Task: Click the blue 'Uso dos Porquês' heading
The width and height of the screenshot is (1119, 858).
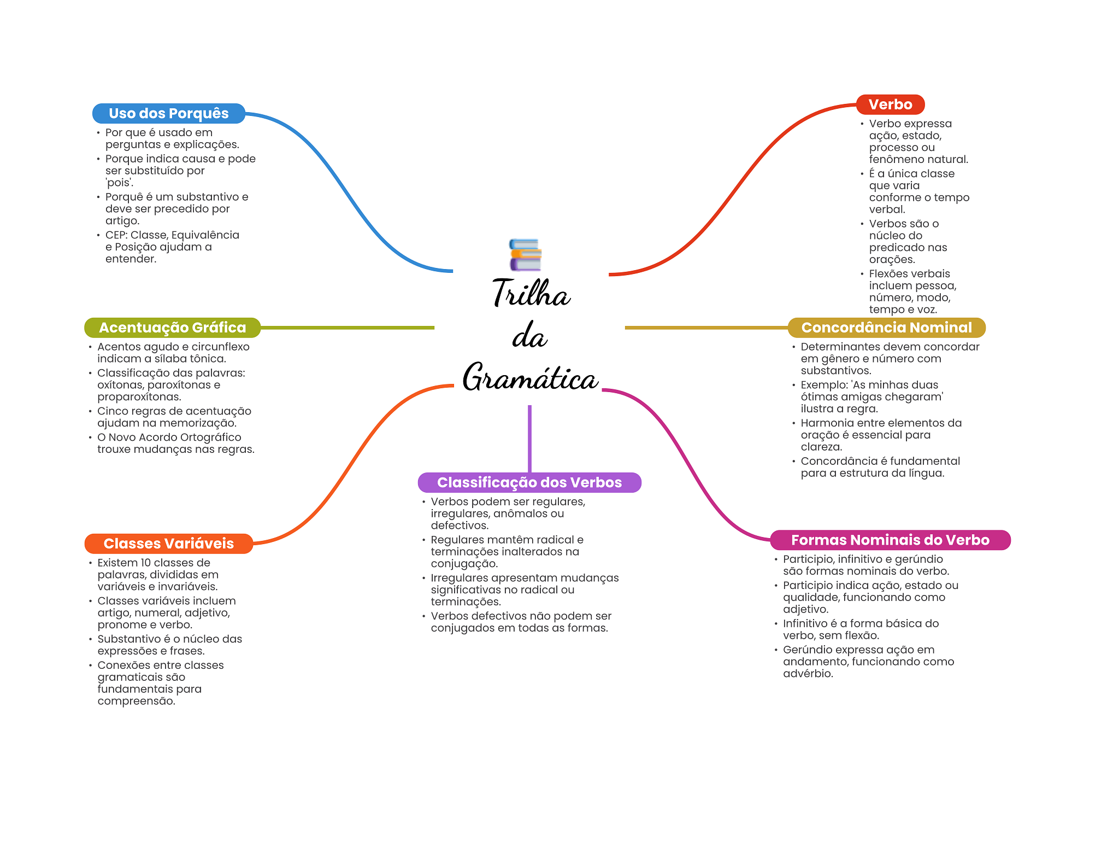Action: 168,113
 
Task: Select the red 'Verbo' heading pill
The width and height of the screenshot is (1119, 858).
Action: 890,104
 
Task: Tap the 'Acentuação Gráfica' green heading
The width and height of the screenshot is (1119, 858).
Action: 172,328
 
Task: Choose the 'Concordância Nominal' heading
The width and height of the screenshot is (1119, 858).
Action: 886,328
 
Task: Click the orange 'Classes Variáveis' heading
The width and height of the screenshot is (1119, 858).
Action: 168,544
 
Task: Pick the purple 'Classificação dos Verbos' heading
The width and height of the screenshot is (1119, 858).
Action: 529,482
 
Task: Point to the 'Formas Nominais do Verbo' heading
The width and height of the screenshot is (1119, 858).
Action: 890,540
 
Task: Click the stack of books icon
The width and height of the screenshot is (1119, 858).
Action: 525,255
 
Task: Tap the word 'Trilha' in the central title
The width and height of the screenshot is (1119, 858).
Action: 531,293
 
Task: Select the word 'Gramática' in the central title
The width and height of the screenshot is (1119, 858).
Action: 530,378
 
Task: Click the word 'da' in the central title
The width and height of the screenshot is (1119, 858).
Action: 529,336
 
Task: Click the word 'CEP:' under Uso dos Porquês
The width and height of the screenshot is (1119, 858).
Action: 116,235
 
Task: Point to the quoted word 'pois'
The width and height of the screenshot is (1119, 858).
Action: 120,183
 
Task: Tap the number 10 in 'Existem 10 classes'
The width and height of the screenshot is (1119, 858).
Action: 146,563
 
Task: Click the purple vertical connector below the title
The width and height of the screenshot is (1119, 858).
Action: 529,437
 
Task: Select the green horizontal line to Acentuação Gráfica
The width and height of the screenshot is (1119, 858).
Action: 347,328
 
